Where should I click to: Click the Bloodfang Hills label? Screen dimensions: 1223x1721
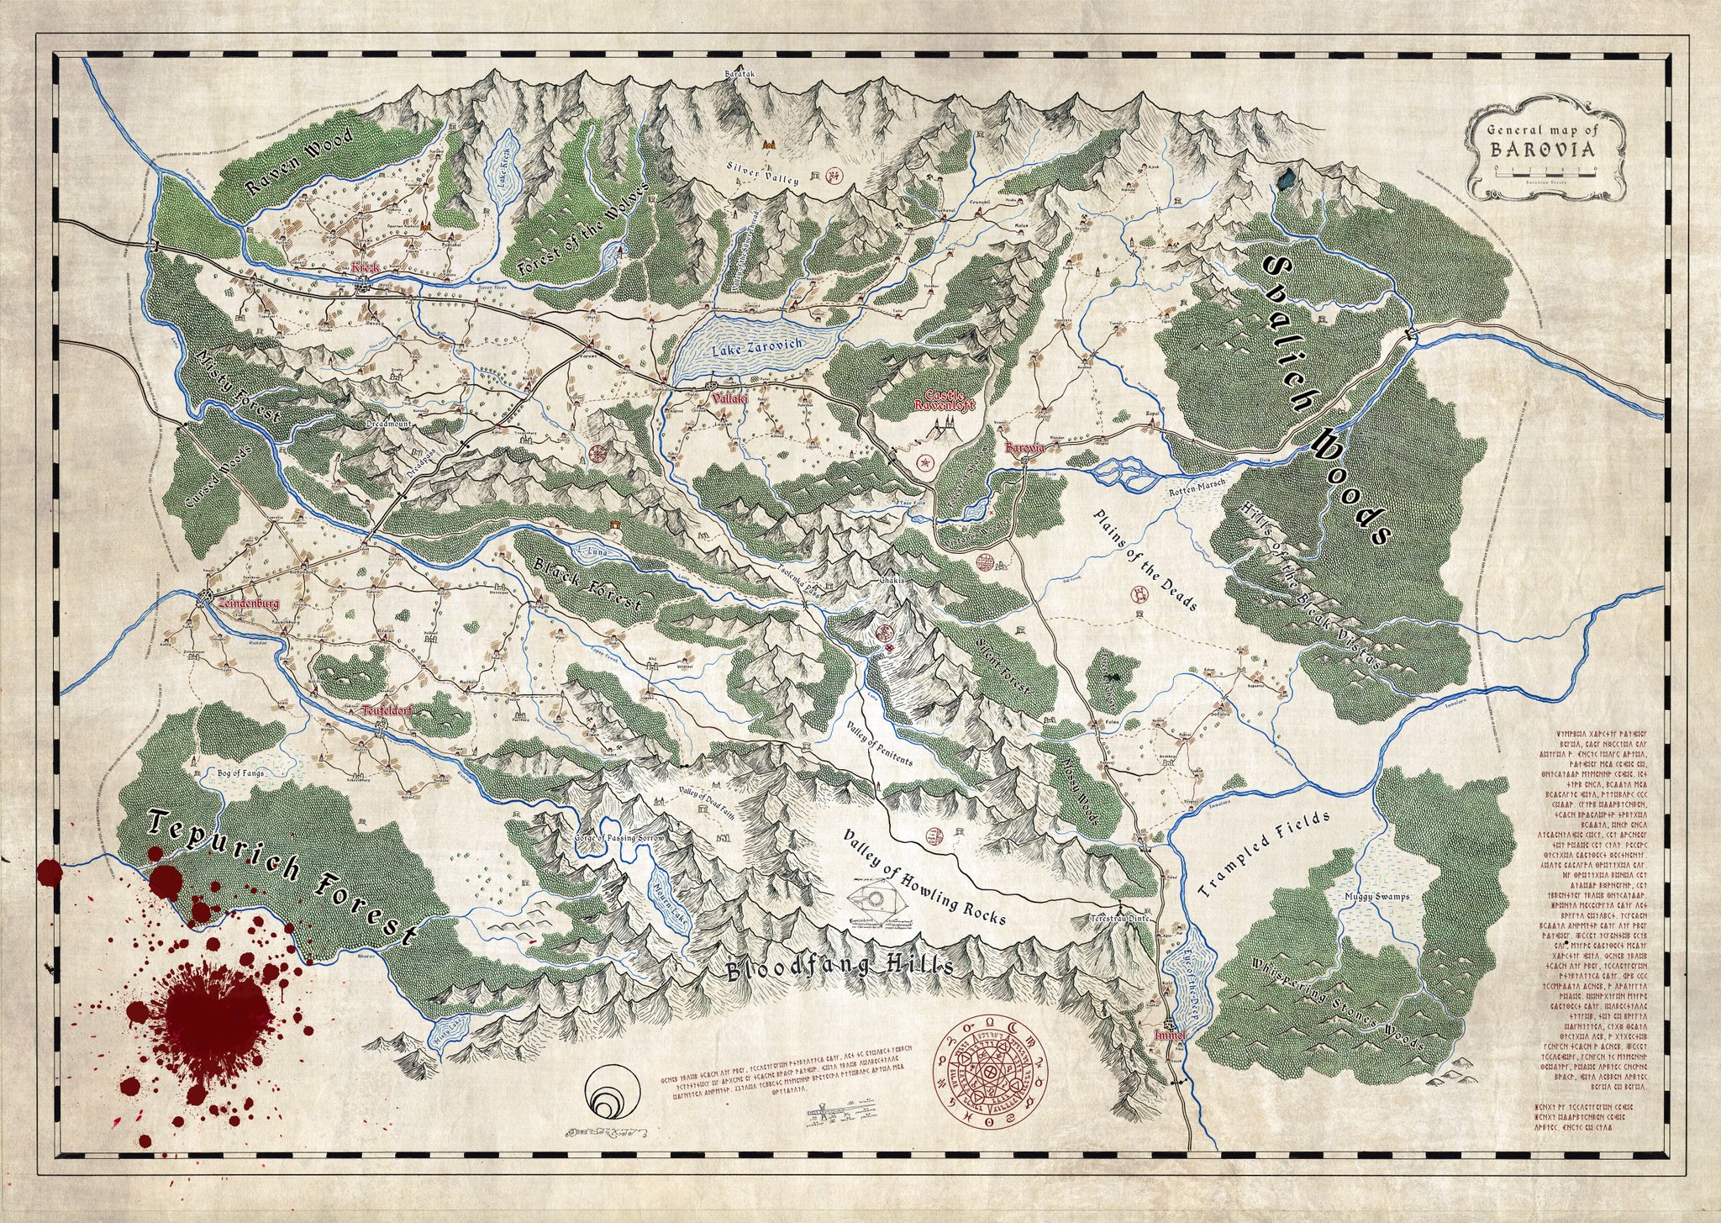pos(839,967)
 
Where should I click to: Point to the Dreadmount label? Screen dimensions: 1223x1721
pos(388,425)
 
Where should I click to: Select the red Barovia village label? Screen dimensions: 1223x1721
pos(1024,449)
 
